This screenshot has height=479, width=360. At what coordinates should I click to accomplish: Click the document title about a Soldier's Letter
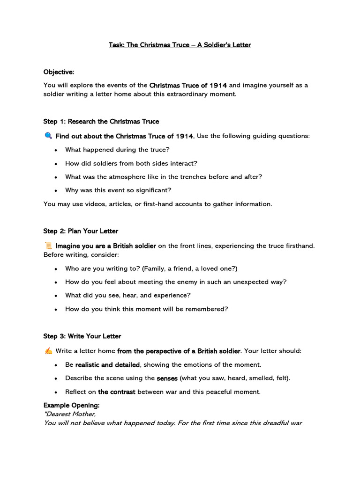pos(180,45)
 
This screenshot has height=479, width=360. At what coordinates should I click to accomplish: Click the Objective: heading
pos(59,72)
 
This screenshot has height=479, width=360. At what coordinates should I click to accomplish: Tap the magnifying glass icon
pos(48,136)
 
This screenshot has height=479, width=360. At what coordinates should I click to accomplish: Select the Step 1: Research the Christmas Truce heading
pos(101,122)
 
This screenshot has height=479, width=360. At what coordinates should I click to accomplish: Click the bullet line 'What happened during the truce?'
pos(117,150)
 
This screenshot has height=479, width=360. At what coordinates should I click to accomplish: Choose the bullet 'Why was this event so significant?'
pos(119,190)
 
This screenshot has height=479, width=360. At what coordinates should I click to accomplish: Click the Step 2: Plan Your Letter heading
pos(81,231)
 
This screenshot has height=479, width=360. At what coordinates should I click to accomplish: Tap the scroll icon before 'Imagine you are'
pos(48,246)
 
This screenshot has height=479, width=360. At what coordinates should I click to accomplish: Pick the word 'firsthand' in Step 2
pos(298,246)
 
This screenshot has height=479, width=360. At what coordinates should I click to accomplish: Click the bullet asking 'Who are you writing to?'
pos(151,269)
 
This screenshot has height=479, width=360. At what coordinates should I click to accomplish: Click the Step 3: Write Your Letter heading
pos(82,336)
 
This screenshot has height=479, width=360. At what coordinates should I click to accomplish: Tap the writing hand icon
pos(48,351)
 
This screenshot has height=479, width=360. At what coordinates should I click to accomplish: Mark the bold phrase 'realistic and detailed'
pos(107,364)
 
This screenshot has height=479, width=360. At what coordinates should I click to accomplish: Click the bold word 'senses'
pos(167,378)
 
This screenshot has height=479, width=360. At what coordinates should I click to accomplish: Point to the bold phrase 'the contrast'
pos(116,392)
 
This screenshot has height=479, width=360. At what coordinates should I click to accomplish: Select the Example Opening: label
pos(71,405)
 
